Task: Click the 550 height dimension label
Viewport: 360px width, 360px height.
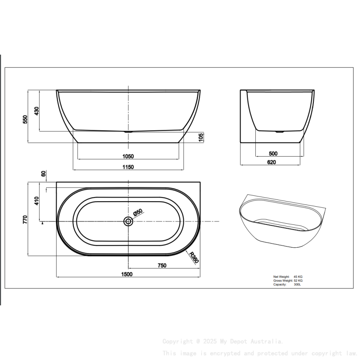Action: tap(25, 119)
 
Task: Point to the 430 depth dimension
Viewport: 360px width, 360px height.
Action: tap(37, 111)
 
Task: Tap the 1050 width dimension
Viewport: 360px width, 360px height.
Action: tap(128, 156)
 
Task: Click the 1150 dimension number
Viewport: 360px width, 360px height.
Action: tap(128, 167)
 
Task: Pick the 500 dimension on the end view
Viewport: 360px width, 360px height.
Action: tap(273, 154)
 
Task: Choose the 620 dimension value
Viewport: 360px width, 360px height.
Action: tap(271, 162)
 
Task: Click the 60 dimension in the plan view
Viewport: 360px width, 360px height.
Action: tap(43, 174)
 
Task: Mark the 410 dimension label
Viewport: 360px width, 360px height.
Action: tap(37, 201)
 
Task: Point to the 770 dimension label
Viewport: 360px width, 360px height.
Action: tap(25, 219)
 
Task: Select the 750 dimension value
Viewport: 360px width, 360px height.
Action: tap(162, 266)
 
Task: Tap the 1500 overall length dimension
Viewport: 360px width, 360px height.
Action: tap(127, 274)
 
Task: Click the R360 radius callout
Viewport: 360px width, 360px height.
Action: tap(194, 258)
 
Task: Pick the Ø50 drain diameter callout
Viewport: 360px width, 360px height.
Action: tap(138, 213)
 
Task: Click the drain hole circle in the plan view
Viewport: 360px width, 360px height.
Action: tap(128, 221)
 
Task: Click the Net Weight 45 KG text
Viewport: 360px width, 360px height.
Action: tap(288, 276)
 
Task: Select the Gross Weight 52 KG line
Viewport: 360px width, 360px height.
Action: tap(288, 280)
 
